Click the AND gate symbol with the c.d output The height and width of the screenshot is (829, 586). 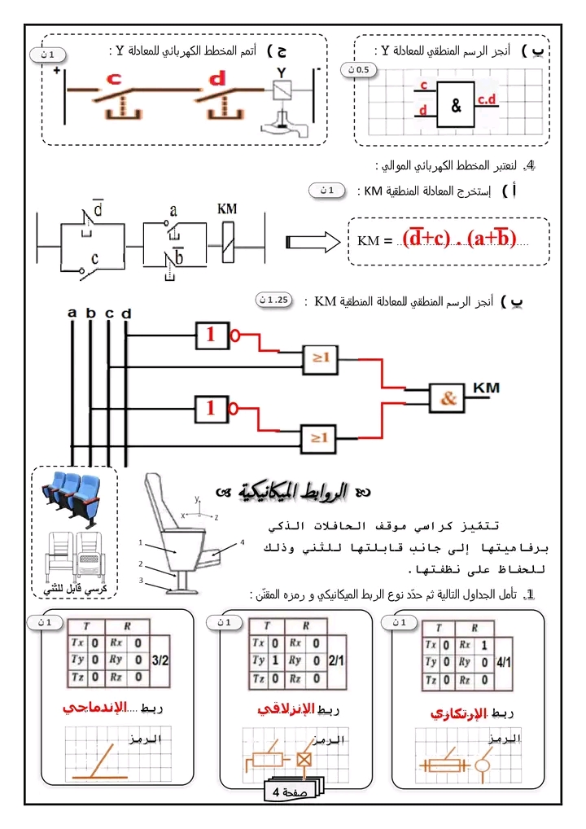[x=456, y=106]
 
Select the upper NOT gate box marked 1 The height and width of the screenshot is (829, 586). [x=211, y=333]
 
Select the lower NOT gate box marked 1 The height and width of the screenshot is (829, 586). [x=211, y=407]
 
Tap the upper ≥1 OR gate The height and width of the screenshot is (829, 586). [x=320, y=356]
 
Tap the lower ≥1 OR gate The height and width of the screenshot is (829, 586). [x=320, y=436]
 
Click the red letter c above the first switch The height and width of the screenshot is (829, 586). [x=114, y=79]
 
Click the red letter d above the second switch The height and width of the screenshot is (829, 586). [x=217, y=79]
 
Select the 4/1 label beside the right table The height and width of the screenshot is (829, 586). [x=505, y=662]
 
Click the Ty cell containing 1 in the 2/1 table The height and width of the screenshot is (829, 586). [x=278, y=660]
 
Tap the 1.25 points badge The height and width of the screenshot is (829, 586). [x=273, y=299]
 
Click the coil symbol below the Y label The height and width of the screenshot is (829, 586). [x=280, y=92]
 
